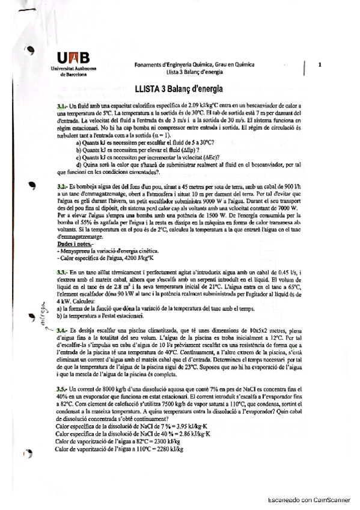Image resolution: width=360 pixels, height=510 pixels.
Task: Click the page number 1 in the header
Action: [320, 64]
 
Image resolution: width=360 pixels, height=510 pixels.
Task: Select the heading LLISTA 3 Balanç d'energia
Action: [178, 89]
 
